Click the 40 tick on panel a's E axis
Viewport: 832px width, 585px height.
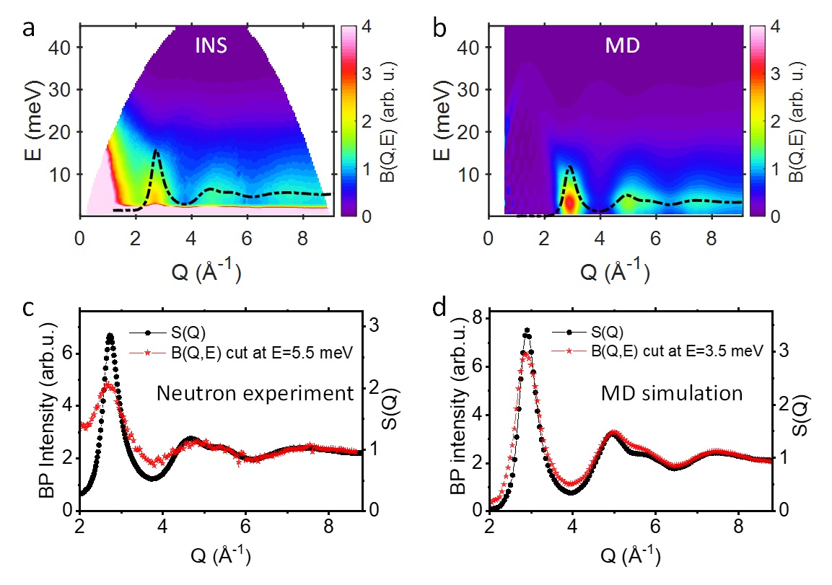coord(64,47)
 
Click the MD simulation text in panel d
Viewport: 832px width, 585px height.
coord(672,393)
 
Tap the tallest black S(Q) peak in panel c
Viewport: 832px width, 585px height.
coord(110,335)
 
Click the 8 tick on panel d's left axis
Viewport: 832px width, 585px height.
coord(478,318)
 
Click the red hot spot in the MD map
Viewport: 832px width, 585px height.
coord(570,203)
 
